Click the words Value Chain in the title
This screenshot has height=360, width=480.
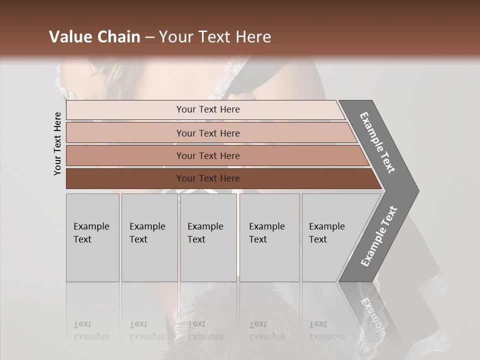click(94, 37)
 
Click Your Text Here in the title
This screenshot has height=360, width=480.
click(215, 37)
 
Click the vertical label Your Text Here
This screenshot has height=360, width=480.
click(57, 143)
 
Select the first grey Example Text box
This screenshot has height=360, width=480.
click(92, 237)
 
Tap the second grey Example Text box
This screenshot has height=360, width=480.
click(149, 237)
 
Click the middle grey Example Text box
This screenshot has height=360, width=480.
click(208, 237)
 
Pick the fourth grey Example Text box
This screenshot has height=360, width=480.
click(269, 237)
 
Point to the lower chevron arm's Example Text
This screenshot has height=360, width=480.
click(379, 236)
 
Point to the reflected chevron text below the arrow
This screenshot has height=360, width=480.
click(371, 312)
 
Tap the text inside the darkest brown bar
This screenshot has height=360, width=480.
click(208, 178)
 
